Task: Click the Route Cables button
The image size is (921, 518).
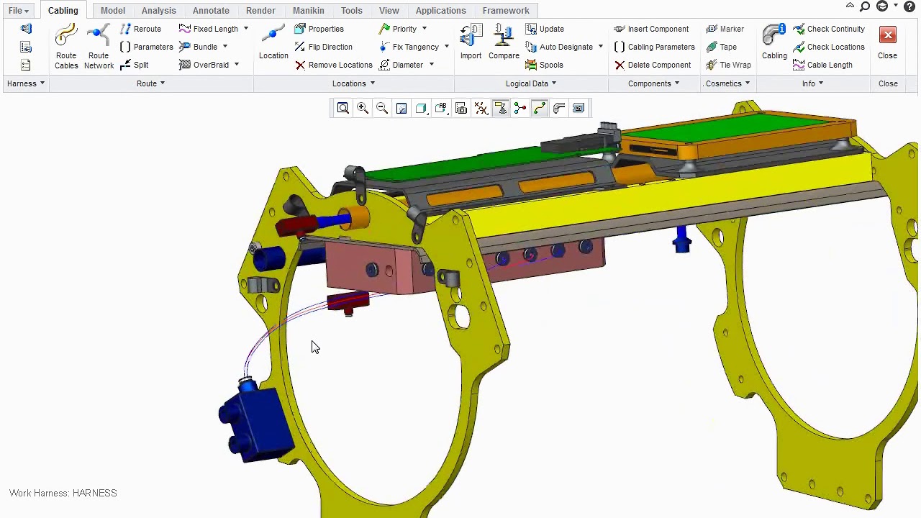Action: [66, 47]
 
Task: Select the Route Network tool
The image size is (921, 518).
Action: [99, 47]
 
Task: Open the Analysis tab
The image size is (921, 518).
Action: [159, 11]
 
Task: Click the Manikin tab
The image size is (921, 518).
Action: [309, 11]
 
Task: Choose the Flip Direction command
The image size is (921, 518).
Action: [324, 47]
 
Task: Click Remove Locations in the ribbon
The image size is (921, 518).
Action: [333, 65]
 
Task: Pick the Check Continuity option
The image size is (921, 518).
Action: [829, 29]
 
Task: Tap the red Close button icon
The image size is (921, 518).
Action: [888, 35]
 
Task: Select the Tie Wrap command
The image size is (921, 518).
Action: [728, 65]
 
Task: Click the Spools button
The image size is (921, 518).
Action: [544, 65]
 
